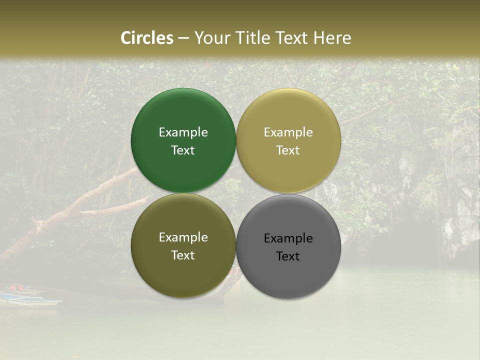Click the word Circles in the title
[146, 38]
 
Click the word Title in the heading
[252, 38]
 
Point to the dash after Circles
[183, 38]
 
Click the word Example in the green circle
[183, 132]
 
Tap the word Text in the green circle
[183, 150]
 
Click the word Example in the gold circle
[288, 132]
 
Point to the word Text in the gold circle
[288, 150]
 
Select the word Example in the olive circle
[183, 237]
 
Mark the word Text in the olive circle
[183, 255]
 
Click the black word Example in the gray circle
[288, 238]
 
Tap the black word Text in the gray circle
[288, 256]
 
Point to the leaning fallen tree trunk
[75, 210]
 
